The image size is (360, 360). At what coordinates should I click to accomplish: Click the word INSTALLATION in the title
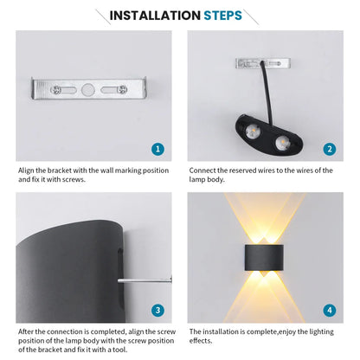tap(154, 16)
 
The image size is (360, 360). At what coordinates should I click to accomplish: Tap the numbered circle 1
tap(157, 149)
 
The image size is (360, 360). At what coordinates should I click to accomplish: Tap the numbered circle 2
tap(330, 149)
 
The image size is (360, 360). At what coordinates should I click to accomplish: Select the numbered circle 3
tap(157, 309)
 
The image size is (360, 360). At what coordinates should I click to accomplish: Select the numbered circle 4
tap(330, 309)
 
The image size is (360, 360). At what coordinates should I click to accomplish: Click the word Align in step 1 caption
tap(27, 170)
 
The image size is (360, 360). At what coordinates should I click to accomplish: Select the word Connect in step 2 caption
tap(204, 170)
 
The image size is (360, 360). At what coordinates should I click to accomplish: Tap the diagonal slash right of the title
tap(251, 16)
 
